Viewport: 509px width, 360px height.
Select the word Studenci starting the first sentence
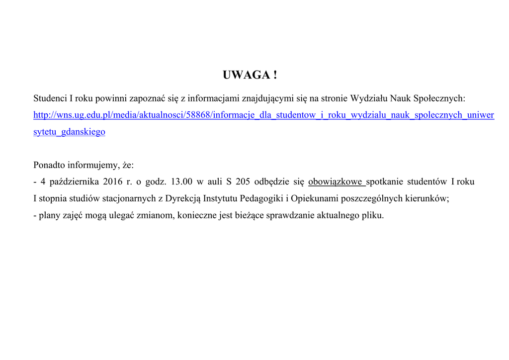click(49, 98)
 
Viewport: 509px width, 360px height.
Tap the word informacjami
click(213, 98)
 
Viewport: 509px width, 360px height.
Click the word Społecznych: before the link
click(439, 98)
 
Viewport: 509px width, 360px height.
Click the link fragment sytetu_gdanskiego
click(69, 132)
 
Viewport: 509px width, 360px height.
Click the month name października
click(75, 182)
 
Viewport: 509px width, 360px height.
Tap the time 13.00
click(181, 182)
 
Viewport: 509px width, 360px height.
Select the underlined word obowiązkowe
click(336, 182)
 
